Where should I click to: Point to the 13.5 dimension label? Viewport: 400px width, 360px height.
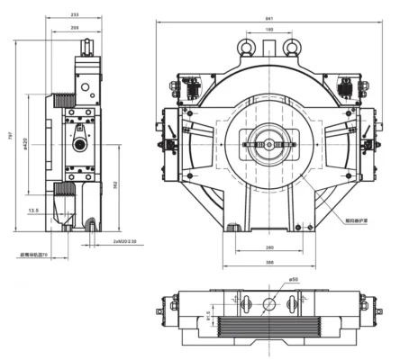33,211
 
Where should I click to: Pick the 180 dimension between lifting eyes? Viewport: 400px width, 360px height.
269,31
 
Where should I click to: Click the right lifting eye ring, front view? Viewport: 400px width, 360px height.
291,42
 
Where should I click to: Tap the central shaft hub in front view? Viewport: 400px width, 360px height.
268,143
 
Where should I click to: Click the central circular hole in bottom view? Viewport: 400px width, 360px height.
268,304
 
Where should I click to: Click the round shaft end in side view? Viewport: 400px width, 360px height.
78,143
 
